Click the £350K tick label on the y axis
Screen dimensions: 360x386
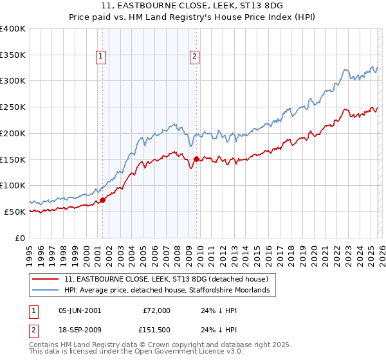[x=12, y=55]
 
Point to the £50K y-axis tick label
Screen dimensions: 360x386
[x=15, y=212]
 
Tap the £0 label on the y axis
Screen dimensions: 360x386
[x=21, y=238]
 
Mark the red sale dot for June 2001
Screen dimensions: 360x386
[x=102, y=201]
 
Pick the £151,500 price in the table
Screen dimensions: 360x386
[x=157, y=331]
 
